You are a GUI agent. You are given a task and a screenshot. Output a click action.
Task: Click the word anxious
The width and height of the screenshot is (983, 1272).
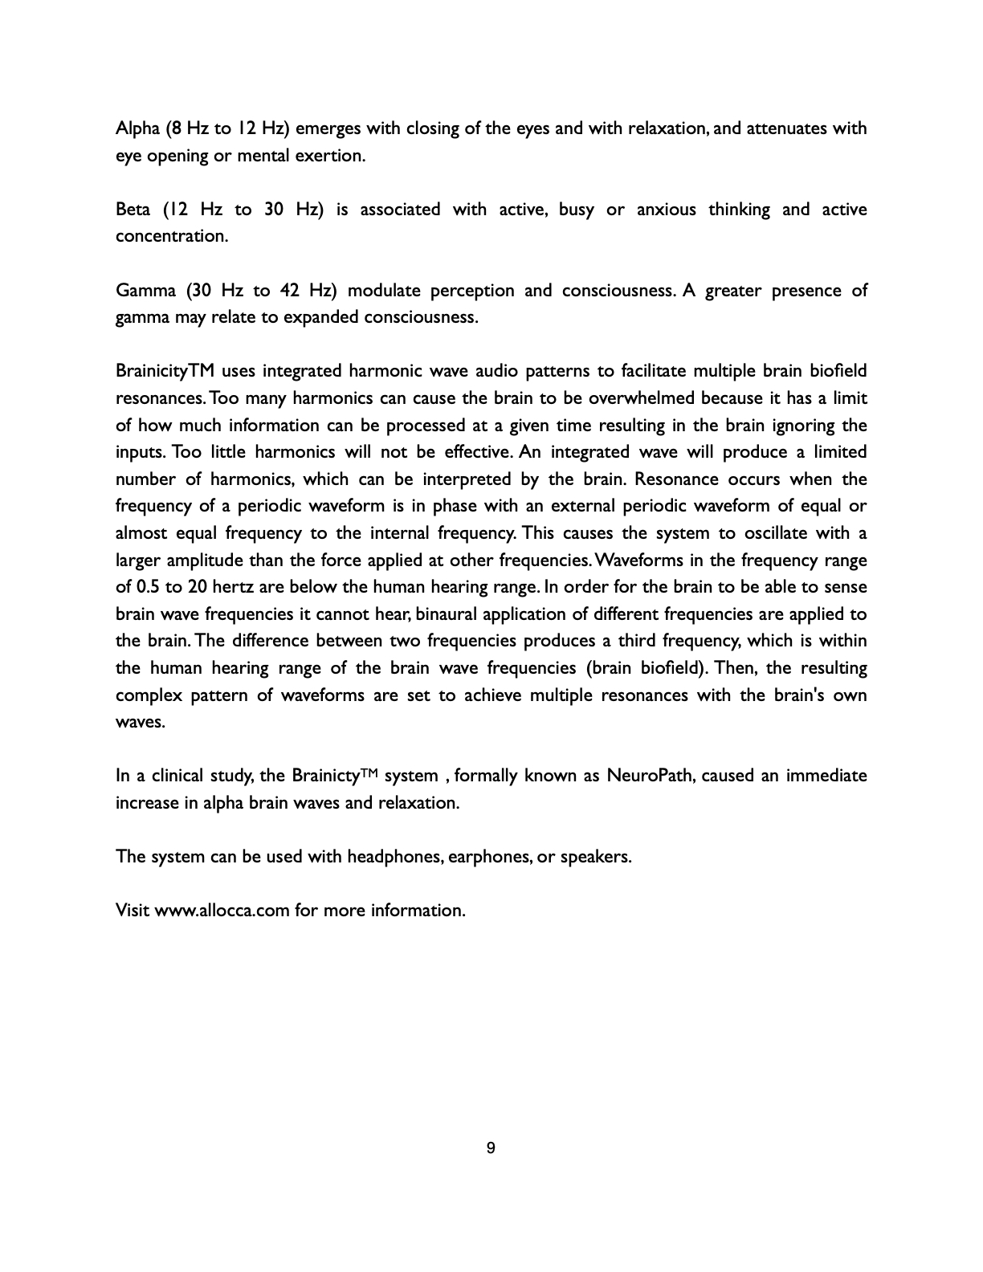click(x=667, y=210)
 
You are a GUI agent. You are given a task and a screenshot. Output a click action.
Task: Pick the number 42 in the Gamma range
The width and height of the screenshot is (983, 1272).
click(x=290, y=291)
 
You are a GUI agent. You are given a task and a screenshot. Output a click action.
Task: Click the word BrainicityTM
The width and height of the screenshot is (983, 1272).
click(x=165, y=371)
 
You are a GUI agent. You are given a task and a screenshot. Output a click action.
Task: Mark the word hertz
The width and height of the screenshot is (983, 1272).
click(x=233, y=587)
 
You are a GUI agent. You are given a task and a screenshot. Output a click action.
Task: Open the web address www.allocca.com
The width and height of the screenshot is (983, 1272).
click(x=222, y=911)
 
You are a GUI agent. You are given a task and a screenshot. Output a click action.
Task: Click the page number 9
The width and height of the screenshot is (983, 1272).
click(x=491, y=1148)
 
